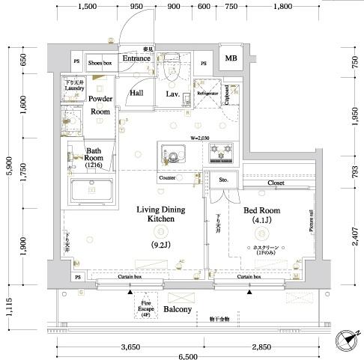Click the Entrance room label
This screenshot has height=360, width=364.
[x=137, y=58]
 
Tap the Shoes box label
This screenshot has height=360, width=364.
[x=99, y=63]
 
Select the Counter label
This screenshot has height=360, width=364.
[x=167, y=179]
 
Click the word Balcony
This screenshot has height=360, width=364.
[x=178, y=309]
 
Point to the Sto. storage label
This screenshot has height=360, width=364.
[x=223, y=180]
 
